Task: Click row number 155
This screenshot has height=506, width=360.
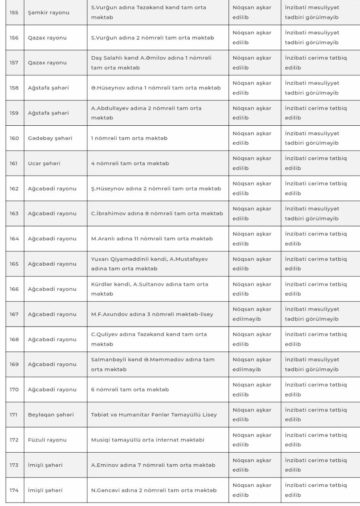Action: [14, 13]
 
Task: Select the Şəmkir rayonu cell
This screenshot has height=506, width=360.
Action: [49, 13]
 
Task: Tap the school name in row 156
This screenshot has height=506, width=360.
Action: [153, 38]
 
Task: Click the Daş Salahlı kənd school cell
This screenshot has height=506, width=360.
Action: [151, 63]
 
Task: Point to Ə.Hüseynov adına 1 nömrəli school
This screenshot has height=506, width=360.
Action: [156, 88]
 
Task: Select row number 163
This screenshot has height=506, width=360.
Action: [14, 213]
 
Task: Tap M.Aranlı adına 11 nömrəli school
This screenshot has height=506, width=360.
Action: [152, 239]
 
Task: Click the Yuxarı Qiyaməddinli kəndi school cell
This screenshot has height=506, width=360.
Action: [149, 264]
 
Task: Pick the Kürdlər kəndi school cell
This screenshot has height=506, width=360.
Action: [149, 289]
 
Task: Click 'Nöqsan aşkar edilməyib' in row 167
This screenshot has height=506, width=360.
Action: [252, 314]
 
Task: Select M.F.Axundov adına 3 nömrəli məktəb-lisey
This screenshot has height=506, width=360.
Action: [152, 314]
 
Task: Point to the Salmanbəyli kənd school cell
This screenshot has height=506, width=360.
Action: [153, 364]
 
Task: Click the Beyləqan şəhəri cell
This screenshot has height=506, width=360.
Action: [51, 415]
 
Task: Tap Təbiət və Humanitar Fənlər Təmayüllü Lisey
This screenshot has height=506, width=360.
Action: [154, 415]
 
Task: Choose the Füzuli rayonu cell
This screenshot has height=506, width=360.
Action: [47, 440]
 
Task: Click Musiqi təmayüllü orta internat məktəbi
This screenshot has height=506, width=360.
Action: [148, 440]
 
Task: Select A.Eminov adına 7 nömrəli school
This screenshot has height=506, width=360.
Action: [153, 465]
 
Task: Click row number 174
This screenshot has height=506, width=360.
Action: [14, 490]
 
